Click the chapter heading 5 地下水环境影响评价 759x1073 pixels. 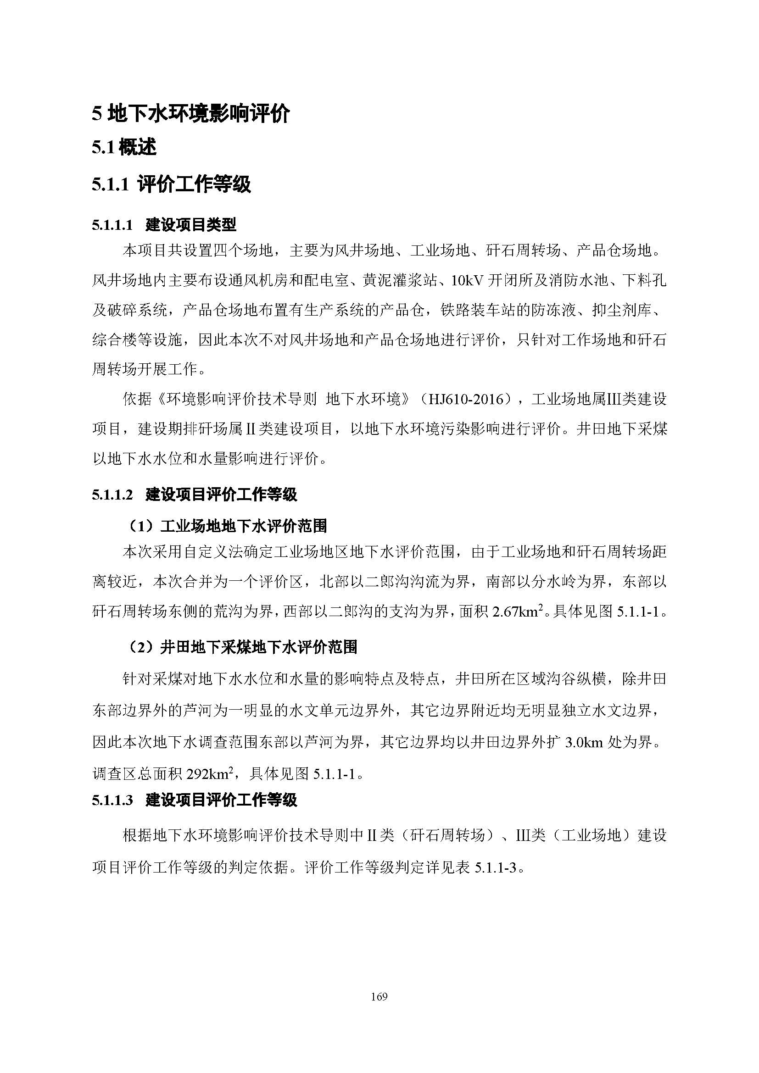tap(191, 114)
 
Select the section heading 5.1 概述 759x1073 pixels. tap(124, 148)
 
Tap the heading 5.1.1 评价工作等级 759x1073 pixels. tap(171, 184)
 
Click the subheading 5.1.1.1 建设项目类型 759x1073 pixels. tap(164, 225)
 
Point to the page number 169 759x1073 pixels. tap(379, 996)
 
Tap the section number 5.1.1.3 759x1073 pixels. tap(112, 801)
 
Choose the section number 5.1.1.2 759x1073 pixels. tap(112, 495)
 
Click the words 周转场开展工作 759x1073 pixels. tap(145, 370)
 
